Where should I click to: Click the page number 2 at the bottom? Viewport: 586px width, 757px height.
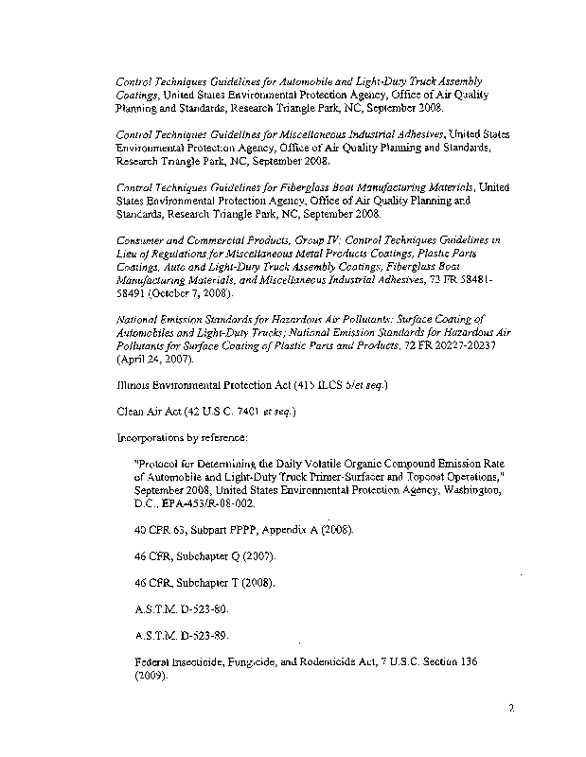(x=510, y=707)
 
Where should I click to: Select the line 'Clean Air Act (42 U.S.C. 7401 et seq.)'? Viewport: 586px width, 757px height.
(x=206, y=414)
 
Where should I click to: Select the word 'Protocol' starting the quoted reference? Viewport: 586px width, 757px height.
(x=162, y=466)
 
